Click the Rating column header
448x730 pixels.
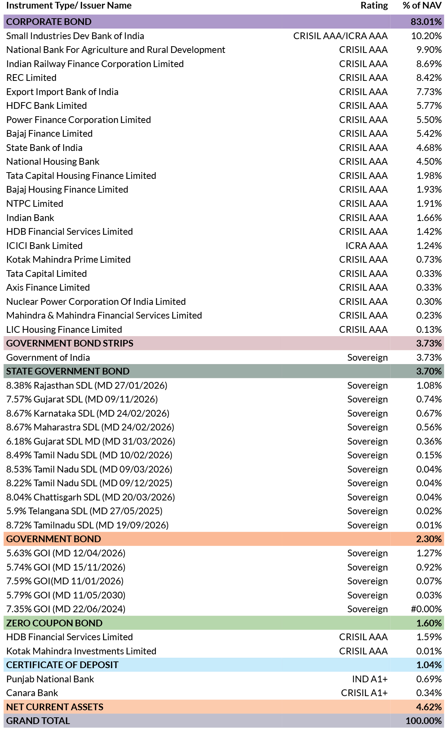pyautogui.click(x=374, y=6)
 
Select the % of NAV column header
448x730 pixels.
pyautogui.click(x=422, y=6)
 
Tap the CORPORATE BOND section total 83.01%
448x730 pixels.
pyautogui.click(x=426, y=22)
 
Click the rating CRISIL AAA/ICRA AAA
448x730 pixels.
pyautogui.click(x=340, y=36)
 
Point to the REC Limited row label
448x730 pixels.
pyautogui.click(x=31, y=78)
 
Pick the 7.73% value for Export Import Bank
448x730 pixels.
pyautogui.click(x=429, y=92)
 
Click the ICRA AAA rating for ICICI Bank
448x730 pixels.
pyautogui.click(x=366, y=246)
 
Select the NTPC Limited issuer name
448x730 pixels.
pyautogui.click(x=35, y=203)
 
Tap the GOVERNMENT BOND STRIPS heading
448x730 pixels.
pyautogui.click(x=70, y=343)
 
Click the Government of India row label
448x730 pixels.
pyautogui.click(x=48, y=357)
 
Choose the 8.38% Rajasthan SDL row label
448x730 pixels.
pyautogui.click(x=87, y=385)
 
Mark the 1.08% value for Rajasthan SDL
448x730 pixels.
pyautogui.click(x=429, y=385)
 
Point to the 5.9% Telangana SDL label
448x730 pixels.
pyautogui.click(x=85, y=511)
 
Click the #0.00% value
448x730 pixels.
pyautogui.click(x=426, y=609)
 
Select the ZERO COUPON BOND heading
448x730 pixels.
pyautogui.click(x=54, y=623)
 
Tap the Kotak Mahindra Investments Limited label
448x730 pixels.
pyautogui.click(x=81, y=651)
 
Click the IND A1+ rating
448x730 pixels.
pyautogui.click(x=370, y=679)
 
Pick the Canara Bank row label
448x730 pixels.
pyautogui.click(x=32, y=693)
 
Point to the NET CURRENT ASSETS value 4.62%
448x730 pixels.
pyautogui.click(x=429, y=707)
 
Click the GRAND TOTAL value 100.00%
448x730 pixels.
pyautogui.click(x=424, y=721)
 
